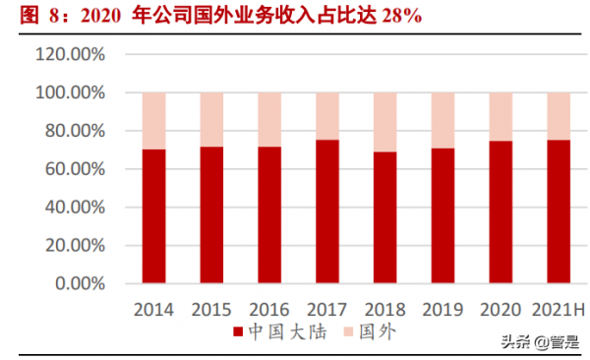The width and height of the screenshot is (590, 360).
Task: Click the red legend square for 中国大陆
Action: click(x=237, y=331)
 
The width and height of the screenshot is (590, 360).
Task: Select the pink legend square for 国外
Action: click(x=347, y=331)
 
